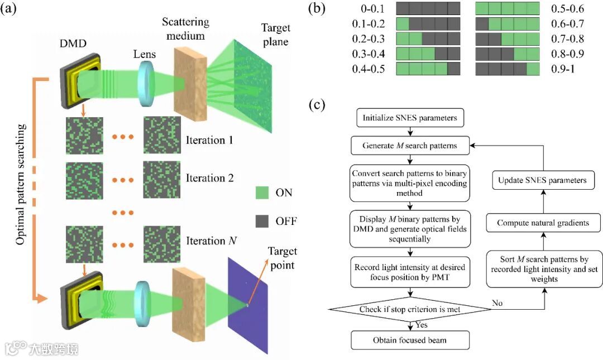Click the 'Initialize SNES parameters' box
point(410,118)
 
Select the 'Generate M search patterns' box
point(410,146)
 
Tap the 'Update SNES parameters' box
point(542,180)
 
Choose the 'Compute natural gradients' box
point(542,223)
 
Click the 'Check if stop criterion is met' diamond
point(410,309)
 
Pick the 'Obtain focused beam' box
point(410,340)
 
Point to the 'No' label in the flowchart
point(499,304)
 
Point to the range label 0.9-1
point(559,69)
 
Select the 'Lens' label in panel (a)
point(144,55)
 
